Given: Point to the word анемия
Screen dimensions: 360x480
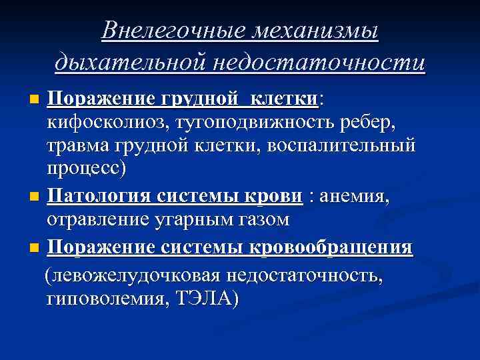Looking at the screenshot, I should point(357,197).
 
